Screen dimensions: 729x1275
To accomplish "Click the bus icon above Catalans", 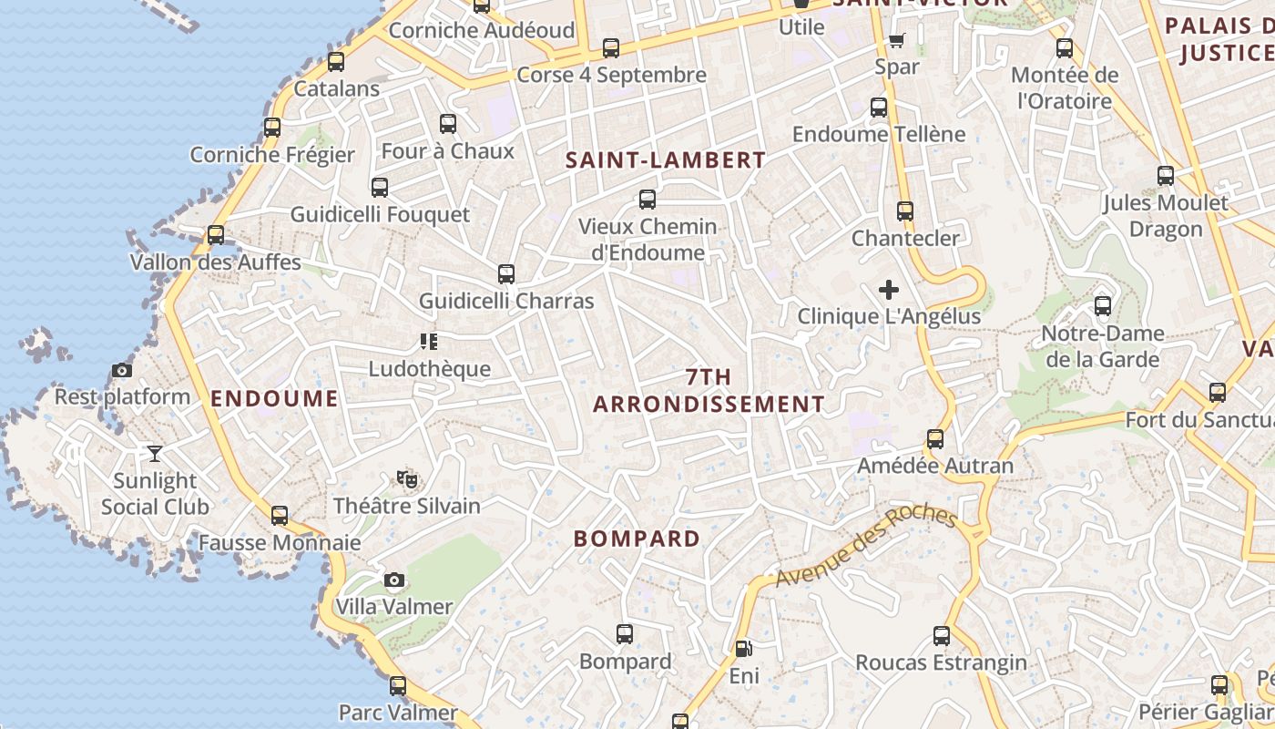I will (336, 62).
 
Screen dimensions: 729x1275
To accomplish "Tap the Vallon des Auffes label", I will (216, 262).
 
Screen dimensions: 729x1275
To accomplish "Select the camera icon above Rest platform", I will (122, 370).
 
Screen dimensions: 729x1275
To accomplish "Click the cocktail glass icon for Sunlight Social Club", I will (155, 453).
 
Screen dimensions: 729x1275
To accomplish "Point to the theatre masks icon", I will (407, 478).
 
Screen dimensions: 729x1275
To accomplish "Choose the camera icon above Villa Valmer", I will (394, 580).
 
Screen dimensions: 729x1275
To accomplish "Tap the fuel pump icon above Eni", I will (743, 649).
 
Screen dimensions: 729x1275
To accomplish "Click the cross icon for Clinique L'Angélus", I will (889, 290).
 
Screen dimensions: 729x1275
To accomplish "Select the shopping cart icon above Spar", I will (897, 40).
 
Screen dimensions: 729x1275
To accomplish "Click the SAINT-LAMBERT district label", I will (666, 160).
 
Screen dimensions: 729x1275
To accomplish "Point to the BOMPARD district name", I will (637, 539).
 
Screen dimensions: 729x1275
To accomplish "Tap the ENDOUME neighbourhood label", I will (274, 398).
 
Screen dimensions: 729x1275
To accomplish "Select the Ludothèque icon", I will (429, 342).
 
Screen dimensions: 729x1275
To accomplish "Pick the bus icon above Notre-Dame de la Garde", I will (1103, 305).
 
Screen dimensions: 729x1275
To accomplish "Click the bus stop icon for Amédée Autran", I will (935, 439).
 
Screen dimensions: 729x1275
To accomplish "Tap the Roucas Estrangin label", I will (942, 662).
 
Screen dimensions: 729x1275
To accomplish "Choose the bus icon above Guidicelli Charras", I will (506, 273).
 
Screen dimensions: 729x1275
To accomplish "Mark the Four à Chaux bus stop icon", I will (448, 123).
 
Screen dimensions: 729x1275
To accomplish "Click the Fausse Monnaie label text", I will (280, 543).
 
